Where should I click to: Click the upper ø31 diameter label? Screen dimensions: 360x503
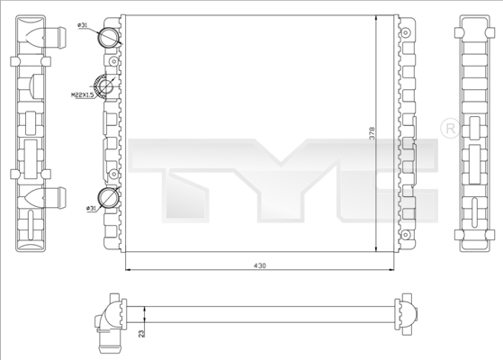84,26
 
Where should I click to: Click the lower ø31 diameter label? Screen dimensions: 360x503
91,209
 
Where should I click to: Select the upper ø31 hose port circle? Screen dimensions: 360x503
109,36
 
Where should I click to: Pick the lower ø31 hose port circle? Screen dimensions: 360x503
109,197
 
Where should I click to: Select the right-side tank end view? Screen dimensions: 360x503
473,135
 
